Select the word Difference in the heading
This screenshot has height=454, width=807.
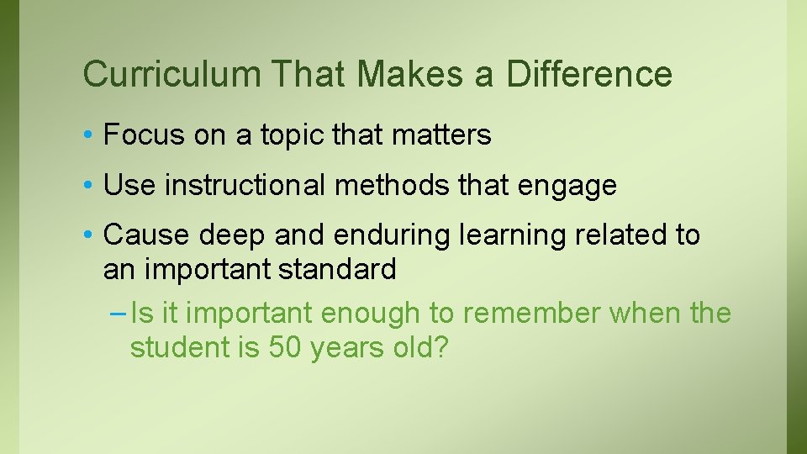[589, 74]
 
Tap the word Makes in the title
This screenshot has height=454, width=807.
[410, 74]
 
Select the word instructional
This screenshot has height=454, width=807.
[245, 185]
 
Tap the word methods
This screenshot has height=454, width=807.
[393, 185]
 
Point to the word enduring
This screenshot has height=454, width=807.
[393, 236]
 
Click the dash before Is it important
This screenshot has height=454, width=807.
[119, 314]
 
